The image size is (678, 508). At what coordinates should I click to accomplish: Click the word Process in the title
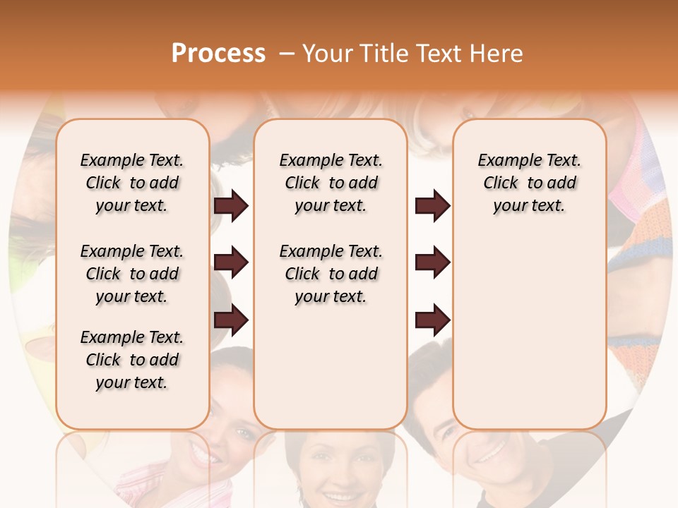218,53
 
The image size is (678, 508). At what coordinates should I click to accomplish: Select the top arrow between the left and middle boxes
231,206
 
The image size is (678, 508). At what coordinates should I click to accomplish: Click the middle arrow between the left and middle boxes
231,263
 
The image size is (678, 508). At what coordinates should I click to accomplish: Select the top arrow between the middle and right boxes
432,206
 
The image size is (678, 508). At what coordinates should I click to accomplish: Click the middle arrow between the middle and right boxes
432,263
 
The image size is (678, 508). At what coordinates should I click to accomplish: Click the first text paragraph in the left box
132,183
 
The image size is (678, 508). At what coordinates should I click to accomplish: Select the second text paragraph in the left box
132,274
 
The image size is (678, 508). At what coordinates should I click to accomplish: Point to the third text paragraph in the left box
132,360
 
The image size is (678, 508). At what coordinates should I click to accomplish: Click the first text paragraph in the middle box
331,183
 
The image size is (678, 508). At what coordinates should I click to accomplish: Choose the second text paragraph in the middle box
331,274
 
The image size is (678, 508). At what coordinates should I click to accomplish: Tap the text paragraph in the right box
529,183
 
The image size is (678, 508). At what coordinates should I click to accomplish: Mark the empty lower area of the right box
529,332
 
